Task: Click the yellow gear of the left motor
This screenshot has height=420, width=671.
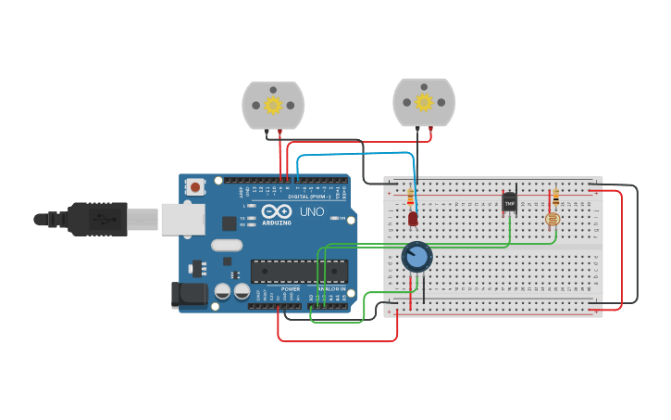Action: pyautogui.click(x=273, y=105)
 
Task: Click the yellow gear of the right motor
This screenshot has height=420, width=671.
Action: pyautogui.click(x=424, y=102)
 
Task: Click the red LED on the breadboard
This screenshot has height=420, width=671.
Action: pyautogui.click(x=413, y=219)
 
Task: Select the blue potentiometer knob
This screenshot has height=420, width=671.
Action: pyautogui.click(x=417, y=257)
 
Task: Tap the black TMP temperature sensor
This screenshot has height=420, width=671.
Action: pyautogui.click(x=509, y=203)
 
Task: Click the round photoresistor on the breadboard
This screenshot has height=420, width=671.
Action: pyautogui.click(x=553, y=220)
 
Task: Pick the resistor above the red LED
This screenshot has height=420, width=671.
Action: pyautogui.click(x=410, y=197)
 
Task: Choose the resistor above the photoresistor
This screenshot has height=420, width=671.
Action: pyautogui.click(x=555, y=197)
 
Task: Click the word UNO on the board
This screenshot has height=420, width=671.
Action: pyautogui.click(x=312, y=211)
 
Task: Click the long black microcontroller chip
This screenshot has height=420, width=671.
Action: pyautogui.click(x=299, y=271)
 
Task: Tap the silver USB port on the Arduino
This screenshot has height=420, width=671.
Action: pyautogui.click(x=182, y=219)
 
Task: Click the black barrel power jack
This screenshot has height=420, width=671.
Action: pyautogui.click(x=189, y=295)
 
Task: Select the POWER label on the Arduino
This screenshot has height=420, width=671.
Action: pyautogui.click(x=291, y=289)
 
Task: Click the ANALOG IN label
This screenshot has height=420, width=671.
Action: pyautogui.click(x=331, y=289)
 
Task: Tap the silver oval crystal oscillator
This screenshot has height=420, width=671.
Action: pyautogui.click(x=226, y=246)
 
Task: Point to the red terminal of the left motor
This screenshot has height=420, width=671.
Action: pyautogui.click(x=280, y=134)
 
